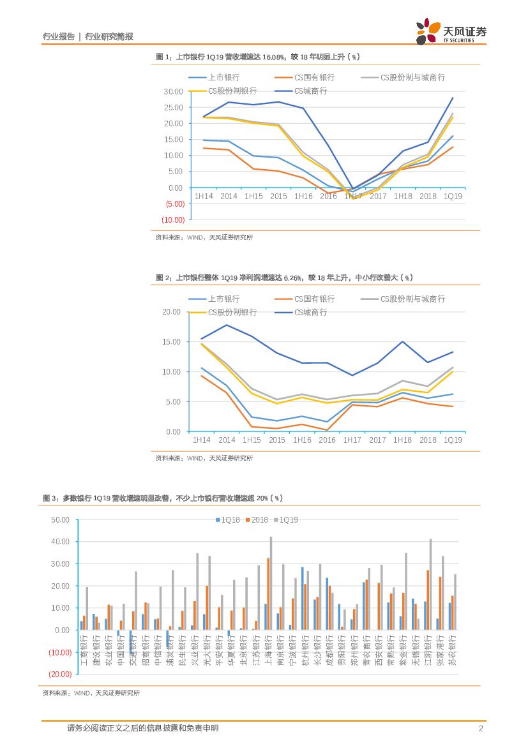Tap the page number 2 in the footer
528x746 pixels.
point(481,728)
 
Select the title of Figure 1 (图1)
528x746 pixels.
point(258,57)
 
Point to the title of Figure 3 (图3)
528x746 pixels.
point(162,498)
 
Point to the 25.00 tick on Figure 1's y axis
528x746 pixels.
point(174,107)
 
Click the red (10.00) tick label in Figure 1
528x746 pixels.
point(173,220)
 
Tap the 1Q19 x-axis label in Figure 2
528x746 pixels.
point(453,440)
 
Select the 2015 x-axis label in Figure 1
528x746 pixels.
point(278,197)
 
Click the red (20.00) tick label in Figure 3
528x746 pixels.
point(59,674)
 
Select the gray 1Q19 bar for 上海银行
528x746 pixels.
point(271,583)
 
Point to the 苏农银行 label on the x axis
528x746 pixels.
point(453,650)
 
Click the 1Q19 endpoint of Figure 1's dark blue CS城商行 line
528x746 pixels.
point(453,98)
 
